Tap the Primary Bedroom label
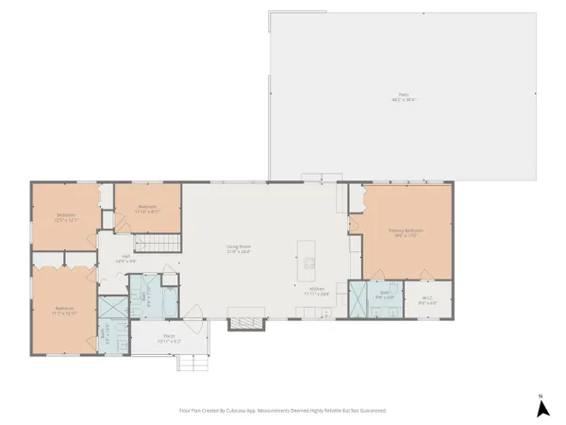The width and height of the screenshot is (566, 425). tap(406, 231)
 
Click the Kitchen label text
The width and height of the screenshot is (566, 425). tap(316, 291)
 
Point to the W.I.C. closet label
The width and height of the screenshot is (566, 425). tap(426, 300)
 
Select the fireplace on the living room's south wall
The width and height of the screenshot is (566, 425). tap(243, 323)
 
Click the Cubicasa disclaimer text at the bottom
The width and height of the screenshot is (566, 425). tap(282, 411)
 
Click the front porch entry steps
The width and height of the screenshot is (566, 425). tap(193, 365)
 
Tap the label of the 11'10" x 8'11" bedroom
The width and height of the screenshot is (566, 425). tap(147, 209)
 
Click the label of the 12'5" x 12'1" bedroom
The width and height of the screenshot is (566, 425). tap(65, 217)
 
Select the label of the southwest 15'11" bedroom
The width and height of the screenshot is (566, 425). tap(64, 310)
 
